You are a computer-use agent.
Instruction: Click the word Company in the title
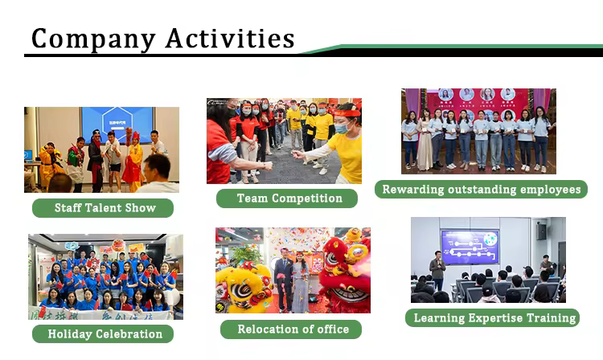pyautogui.click(x=93, y=39)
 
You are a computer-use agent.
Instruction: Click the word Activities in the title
pyautogui.click(x=231, y=38)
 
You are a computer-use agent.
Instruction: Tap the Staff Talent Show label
pyautogui.click(x=103, y=208)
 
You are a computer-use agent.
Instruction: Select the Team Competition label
pyautogui.click(x=287, y=198)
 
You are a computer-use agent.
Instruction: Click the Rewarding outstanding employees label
pyautogui.click(x=481, y=190)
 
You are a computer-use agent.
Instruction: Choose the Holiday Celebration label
pyautogui.click(x=103, y=333)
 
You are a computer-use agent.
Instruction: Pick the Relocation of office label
pyautogui.click(x=291, y=329)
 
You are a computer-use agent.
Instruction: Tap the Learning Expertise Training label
pyautogui.click(x=492, y=317)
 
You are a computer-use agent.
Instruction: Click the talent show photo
pyautogui.click(x=101, y=149)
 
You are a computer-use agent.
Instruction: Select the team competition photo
pyautogui.click(x=284, y=141)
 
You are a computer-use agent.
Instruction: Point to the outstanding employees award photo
pyautogui.click(x=478, y=131)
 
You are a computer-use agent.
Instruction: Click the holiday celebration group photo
pyautogui.click(x=106, y=276)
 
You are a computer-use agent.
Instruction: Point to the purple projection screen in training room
pyautogui.click(x=470, y=247)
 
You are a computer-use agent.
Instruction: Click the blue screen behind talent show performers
pyautogui.click(x=117, y=124)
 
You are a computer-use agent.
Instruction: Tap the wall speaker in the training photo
pyautogui.click(x=541, y=231)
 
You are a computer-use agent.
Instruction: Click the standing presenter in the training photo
pyautogui.click(x=437, y=270)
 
